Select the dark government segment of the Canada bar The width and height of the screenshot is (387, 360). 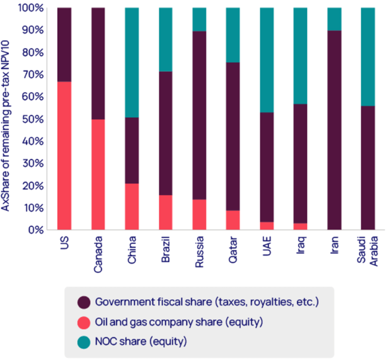(x=98, y=63)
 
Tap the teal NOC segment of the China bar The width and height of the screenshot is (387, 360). (x=132, y=62)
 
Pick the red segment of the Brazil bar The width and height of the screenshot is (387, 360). (x=165, y=212)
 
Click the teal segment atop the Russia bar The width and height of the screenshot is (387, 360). (x=199, y=19)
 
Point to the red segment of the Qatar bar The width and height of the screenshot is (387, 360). (x=233, y=220)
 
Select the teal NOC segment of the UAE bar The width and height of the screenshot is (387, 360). (x=267, y=60)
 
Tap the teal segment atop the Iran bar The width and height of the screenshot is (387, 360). (x=334, y=19)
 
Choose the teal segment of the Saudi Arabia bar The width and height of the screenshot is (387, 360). (x=368, y=57)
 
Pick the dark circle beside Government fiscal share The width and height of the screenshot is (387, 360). (x=84, y=302)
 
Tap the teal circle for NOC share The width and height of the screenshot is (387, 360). (x=84, y=342)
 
